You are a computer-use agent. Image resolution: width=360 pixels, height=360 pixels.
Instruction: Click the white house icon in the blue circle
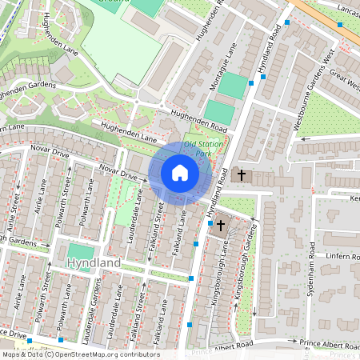coord(180,173)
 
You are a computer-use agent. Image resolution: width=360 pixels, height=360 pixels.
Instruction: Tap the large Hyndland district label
coord(94,262)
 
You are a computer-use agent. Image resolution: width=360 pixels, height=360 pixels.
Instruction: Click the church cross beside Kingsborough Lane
coord(220,226)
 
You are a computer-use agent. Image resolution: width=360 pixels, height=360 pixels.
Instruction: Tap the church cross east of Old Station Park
coord(241,174)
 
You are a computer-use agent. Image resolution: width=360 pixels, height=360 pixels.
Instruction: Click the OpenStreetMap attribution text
coord(80,354)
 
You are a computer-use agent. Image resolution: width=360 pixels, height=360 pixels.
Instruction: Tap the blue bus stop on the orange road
coord(341,24)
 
